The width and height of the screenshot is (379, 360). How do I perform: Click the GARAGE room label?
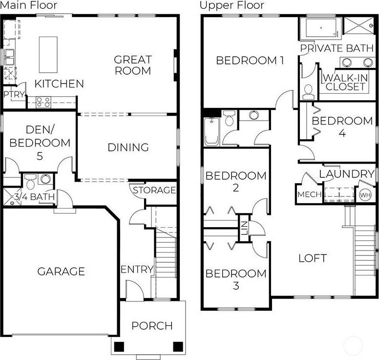point(61,271)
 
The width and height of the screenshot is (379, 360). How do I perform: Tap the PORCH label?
point(152,326)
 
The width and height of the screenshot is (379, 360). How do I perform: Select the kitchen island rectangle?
point(48,55)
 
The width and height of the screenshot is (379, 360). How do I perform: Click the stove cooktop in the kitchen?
point(43,102)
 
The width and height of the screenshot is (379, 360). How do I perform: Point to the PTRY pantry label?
point(14,94)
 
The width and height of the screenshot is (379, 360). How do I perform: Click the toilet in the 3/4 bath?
point(30,182)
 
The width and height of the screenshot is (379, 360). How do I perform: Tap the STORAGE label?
point(154,191)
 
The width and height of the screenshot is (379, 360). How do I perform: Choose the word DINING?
point(128,147)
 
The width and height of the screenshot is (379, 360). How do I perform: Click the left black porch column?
point(119,347)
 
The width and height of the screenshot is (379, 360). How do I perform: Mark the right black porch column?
point(178,347)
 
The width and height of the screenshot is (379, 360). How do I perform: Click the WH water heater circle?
point(365,195)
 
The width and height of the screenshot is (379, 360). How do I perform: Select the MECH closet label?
point(310,194)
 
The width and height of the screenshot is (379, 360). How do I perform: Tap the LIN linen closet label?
point(244,228)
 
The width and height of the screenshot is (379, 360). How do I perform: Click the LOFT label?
point(313,258)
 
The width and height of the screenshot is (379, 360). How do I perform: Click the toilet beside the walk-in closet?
point(308,92)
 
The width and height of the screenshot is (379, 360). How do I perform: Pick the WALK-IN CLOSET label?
point(345,83)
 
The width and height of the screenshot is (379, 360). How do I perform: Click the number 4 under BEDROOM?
point(342,133)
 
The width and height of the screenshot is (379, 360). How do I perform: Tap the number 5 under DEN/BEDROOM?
point(40,156)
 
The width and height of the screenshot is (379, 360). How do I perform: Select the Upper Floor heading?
point(232,5)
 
